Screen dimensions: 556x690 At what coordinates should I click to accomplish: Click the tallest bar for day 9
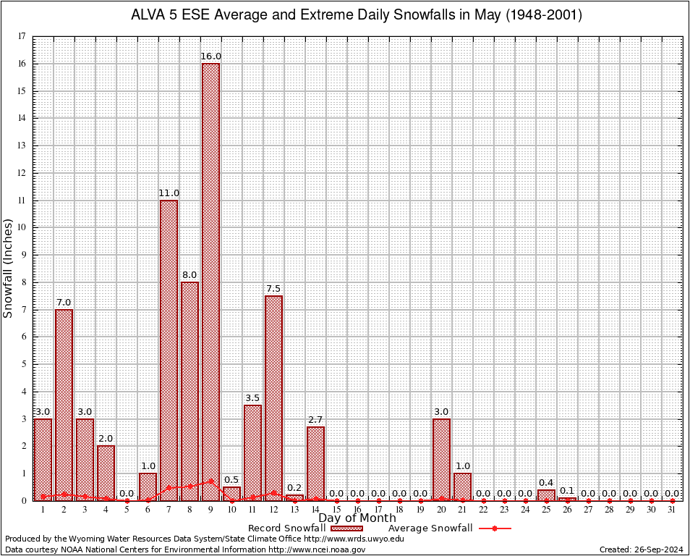click(x=210, y=282)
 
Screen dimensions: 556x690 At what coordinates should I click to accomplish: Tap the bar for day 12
click(x=273, y=397)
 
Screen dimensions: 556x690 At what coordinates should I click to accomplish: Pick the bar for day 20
click(x=441, y=459)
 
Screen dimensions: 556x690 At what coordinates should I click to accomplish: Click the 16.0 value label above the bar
click(x=211, y=56)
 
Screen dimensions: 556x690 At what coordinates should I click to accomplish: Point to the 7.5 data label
click(x=273, y=289)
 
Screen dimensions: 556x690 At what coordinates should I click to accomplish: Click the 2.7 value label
click(x=315, y=420)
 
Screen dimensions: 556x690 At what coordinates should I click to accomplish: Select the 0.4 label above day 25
click(x=546, y=483)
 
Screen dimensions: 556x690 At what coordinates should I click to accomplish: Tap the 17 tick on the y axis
click(x=22, y=36)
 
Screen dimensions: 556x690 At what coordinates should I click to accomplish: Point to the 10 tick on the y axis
click(x=22, y=227)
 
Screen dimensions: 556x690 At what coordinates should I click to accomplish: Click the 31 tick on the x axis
click(x=673, y=510)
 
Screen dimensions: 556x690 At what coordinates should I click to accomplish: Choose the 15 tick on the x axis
click(x=336, y=510)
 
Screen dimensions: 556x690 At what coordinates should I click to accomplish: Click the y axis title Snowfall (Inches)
click(x=9, y=268)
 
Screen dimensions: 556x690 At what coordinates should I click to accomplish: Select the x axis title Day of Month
click(x=357, y=518)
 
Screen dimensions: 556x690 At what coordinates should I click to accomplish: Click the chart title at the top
click(x=356, y=15)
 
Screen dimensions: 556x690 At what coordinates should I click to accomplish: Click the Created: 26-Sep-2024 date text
click(x=642, y=549)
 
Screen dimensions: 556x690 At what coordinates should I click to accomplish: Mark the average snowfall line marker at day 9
click(x=210, y=481)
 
